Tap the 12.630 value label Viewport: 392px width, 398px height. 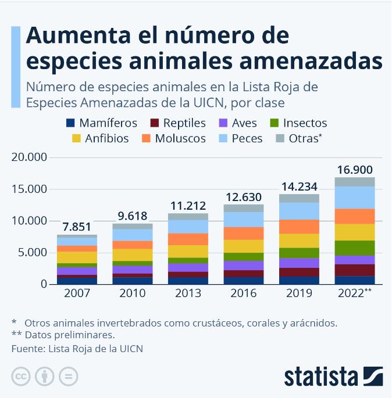(x=244, y=197)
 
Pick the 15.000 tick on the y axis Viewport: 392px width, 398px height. (x=27, y=189)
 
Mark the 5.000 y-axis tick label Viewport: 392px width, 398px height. (x=30, y=252)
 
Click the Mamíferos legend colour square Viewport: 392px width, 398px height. (x=71, y=123)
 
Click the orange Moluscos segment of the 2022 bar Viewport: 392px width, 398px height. (x=355, y=216)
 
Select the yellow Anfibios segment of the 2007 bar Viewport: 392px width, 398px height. (x=77, y=257)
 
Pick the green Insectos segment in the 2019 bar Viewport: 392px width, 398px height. (x=300, y=253)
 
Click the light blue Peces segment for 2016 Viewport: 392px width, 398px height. (x=244, y=219)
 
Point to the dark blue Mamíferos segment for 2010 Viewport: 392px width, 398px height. (x=133, y=281)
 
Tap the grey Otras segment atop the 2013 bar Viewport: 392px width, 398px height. (x=188, y=217)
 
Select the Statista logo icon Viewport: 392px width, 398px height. (x=373, y=377)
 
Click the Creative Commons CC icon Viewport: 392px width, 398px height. (x=21, y=377)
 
